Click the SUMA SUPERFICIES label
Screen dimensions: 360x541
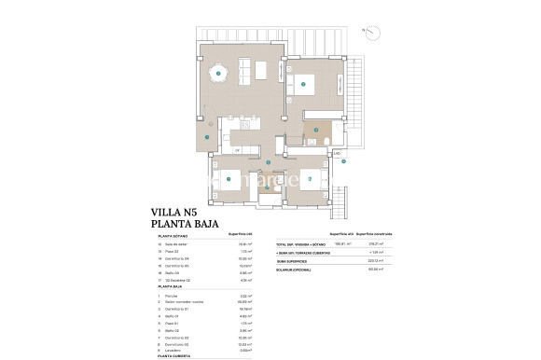tap(287, 261)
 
